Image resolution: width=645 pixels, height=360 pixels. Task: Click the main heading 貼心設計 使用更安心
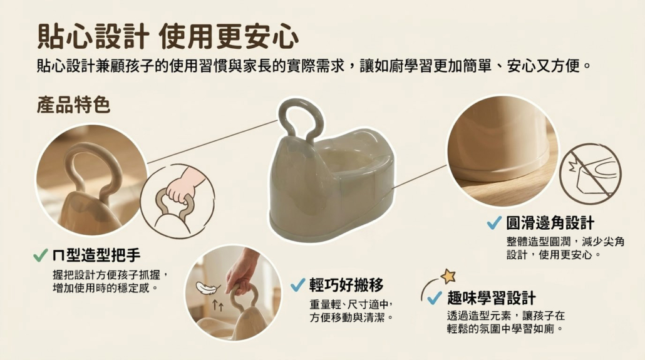coord(168,36)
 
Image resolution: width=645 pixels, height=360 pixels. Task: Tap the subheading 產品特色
coord(74,105)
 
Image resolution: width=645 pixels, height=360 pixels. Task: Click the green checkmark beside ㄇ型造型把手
coord(40,255)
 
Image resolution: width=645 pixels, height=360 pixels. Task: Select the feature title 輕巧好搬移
coord(346,285)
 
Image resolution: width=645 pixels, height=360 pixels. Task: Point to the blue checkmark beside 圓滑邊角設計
coord(494,223)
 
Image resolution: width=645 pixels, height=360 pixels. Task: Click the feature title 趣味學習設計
coord(491,298)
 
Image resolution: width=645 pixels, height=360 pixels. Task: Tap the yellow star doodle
coord(448,275)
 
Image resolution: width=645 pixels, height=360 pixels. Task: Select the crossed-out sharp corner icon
coord(590,173)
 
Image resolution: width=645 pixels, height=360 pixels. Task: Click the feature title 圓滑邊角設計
coord(550,223)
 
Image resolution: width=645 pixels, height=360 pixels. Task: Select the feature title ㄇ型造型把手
coord(96,255)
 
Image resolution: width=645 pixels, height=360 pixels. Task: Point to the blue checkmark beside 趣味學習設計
coord(435,298)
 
